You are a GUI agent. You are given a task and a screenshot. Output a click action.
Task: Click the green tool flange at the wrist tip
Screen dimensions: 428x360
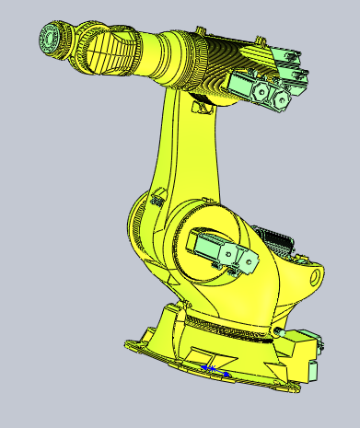coord(49,39)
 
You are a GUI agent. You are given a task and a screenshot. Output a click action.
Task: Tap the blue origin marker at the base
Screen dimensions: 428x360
coord(211,368)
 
